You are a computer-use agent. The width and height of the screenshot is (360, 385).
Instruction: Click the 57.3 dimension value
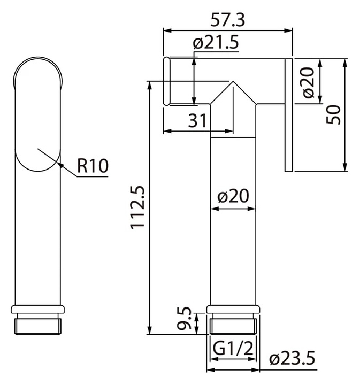(228, 20)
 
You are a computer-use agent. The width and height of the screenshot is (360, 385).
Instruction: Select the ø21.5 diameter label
(216, 43)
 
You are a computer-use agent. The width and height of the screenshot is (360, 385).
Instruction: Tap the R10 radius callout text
(93, 166)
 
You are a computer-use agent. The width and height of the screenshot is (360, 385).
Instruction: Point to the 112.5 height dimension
(137, 207)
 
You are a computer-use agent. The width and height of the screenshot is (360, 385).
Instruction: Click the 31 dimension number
(197, 121)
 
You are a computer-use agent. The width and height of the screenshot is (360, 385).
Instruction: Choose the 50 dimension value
(333, 114)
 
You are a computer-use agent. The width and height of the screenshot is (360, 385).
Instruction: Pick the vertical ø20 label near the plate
(309, 82)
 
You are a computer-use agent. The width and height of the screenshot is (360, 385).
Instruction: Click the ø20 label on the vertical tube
(233, 196)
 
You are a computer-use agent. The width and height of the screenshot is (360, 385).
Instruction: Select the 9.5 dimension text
(184, 318)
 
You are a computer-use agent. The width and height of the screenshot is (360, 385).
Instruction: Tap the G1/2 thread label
(233, 348)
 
